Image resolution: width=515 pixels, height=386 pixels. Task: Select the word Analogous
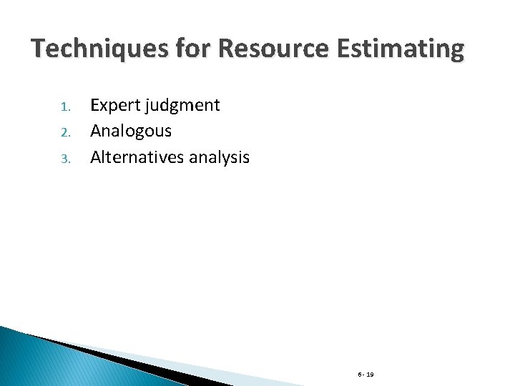coord(131,132)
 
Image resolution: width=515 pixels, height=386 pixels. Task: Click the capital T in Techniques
coord(38,49)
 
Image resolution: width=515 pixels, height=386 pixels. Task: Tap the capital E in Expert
coord(94,106)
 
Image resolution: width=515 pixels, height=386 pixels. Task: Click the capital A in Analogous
coord(96,132)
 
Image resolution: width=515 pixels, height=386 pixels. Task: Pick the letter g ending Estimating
coord(456,52)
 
